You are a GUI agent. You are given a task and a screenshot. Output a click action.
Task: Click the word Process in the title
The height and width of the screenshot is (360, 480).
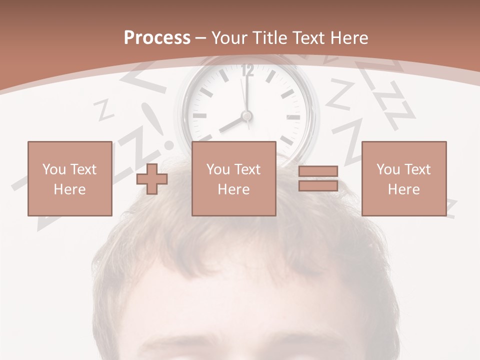tap(157, 37)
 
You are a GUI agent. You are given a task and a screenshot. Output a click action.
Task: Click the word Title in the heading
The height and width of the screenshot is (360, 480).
tap(269, 37)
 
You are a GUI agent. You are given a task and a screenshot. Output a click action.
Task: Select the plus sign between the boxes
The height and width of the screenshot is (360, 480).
tap(152, 178)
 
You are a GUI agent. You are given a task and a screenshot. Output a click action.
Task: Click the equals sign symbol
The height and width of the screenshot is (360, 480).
tap(318, 178)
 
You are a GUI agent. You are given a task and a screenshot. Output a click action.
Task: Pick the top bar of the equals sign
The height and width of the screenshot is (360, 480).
tap(318, 171)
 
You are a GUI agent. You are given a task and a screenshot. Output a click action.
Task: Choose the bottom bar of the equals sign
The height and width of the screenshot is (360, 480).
tap(318, 185)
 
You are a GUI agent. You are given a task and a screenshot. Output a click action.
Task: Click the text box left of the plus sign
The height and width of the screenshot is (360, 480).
tap(69, 178)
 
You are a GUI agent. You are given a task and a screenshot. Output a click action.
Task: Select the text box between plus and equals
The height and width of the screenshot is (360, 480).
tap(233, 178)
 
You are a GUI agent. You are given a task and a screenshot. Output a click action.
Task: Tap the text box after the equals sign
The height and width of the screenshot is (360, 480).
tap(403, 178)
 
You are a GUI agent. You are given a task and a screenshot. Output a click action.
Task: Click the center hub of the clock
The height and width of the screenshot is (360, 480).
tap(246, 116)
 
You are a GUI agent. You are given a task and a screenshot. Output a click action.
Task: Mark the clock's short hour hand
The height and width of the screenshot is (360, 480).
tap(231, 124)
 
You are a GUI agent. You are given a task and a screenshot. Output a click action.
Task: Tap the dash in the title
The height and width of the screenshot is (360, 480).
tap(201, 38)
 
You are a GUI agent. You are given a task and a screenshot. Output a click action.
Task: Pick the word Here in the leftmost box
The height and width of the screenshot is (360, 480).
tap(69, 189)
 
